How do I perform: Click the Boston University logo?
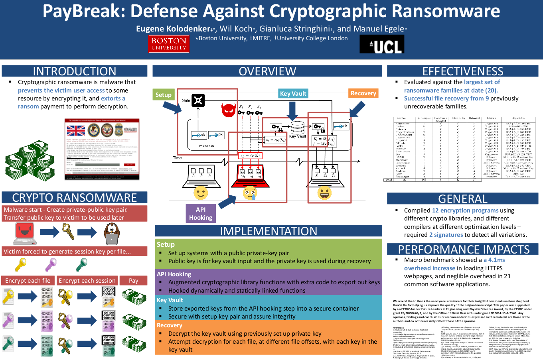click(169, 44)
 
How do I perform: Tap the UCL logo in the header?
click(382, 44)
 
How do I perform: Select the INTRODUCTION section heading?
click(75, 71)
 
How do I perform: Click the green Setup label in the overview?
click(164, 94)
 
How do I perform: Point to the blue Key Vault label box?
click(293, 93)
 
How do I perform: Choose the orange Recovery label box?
click(363, 93)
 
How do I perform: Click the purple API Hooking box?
click(201, 213)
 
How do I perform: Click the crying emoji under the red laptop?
click(250, 193)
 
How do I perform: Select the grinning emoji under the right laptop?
click(324, 193)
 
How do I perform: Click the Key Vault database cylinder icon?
click(297, 128)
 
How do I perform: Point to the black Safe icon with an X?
click(198, 100)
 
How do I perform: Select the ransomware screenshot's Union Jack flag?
click(76, 130)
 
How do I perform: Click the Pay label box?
click(134, 281)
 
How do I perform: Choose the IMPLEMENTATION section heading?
click(269, 231)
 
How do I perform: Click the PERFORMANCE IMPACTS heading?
click(464, 249)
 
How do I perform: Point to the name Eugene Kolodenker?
click(173, 29)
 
